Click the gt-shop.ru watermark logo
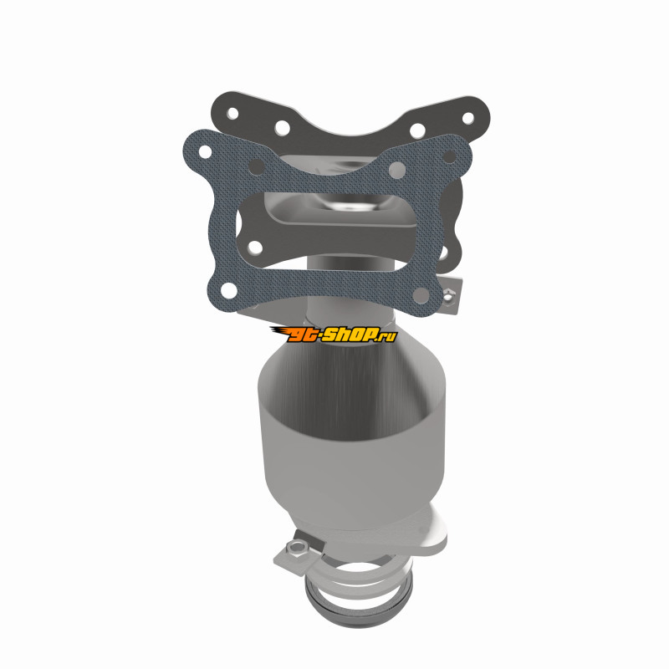click(333, 334)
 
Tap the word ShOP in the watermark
click(348, 334)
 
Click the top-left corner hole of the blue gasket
click(205, 151)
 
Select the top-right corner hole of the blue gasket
click(449, 157)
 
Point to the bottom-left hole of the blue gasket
click(228, 290)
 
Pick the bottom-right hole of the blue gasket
click(421, 294)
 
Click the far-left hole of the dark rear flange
click(232, 113)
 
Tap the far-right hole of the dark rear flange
click(468, 118)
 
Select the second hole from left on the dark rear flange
click(282, 127)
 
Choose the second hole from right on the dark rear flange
click(417, 130)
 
